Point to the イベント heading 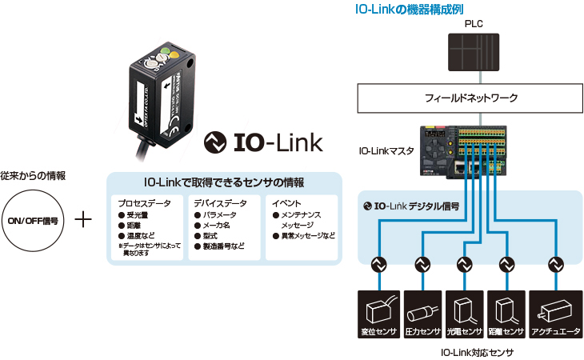coord(286,203)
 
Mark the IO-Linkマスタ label coord(386,149)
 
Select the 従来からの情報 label coord(33,175)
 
